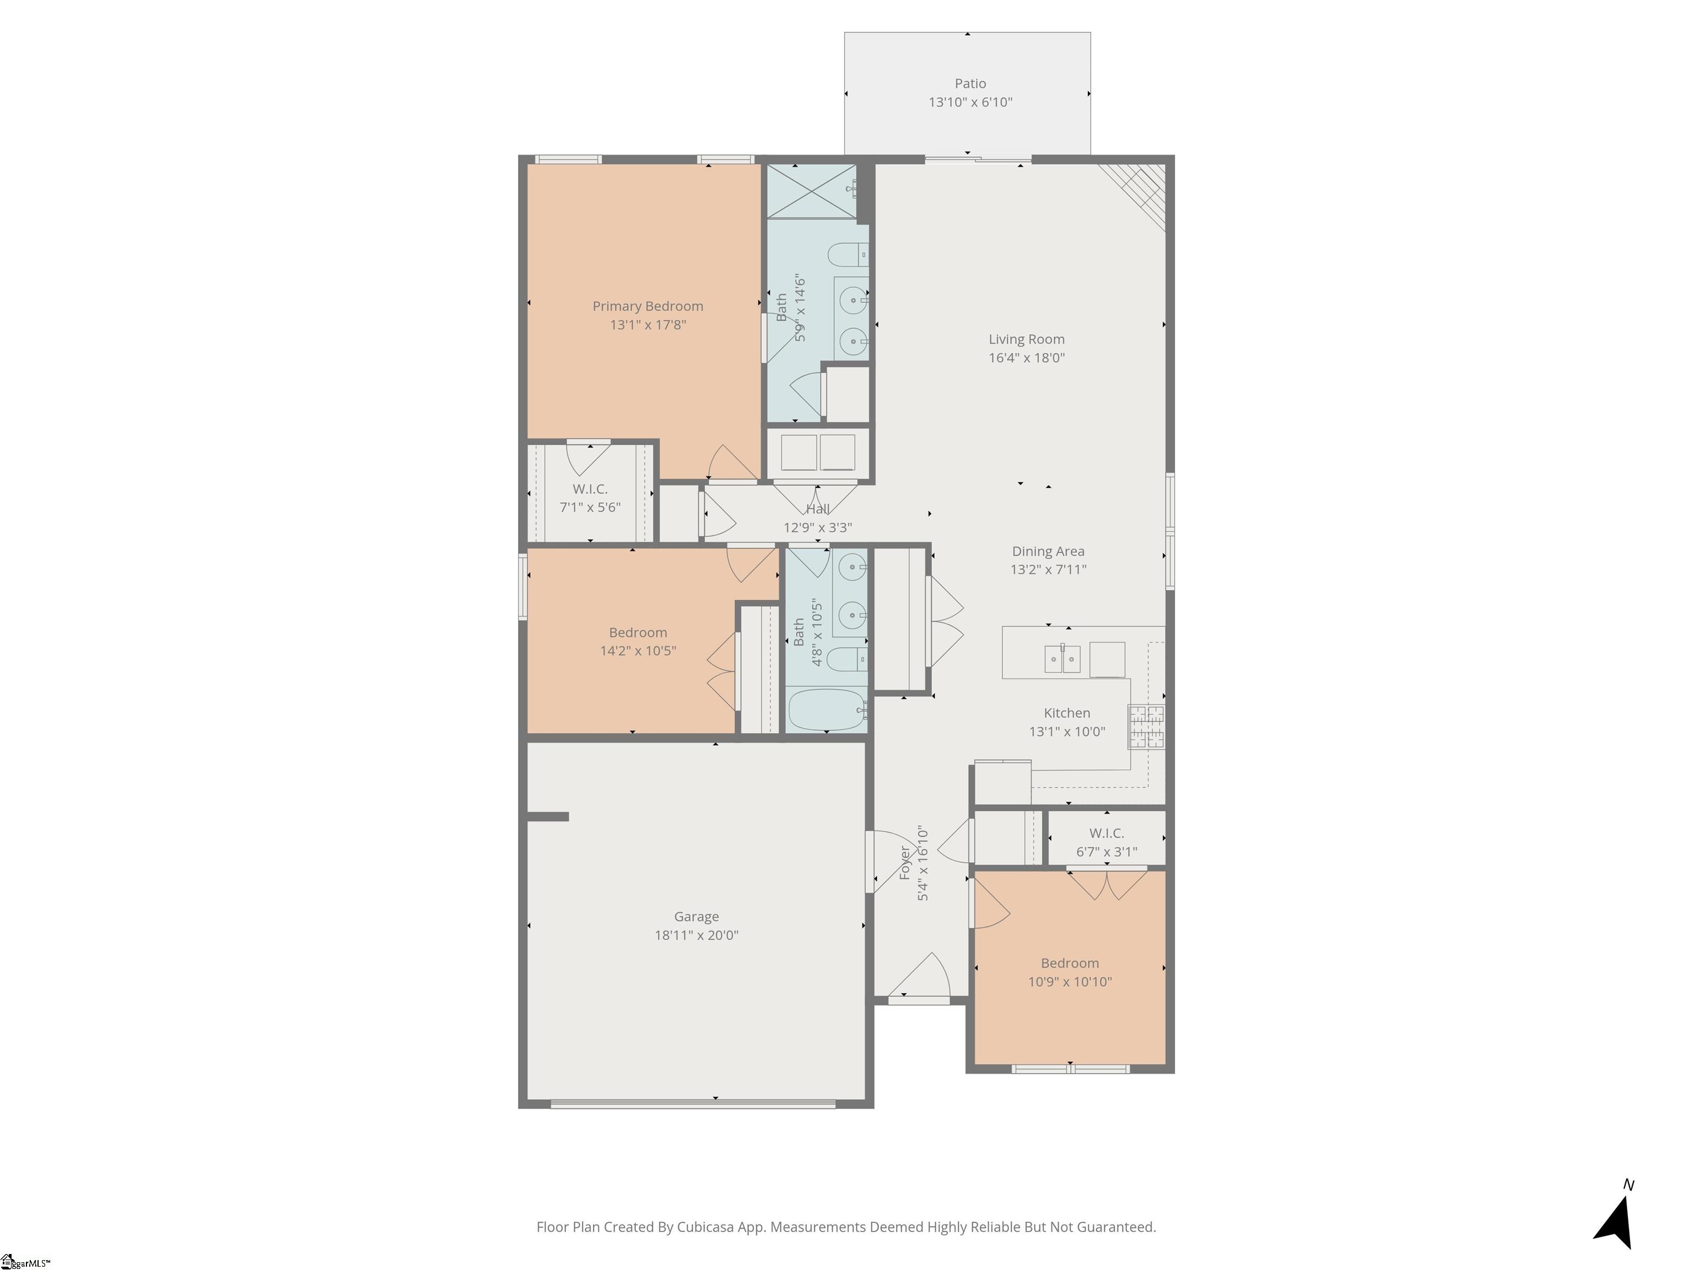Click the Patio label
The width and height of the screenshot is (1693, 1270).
970,83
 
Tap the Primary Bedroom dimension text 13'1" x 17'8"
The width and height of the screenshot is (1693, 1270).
648,325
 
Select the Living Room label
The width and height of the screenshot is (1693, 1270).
1026,339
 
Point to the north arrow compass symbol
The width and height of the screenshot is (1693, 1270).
1615,1225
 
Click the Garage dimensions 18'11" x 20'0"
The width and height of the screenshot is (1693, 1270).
695,935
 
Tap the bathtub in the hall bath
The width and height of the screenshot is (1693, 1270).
827,711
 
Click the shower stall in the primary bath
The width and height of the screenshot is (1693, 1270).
811,191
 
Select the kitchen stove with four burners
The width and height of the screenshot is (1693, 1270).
1146,727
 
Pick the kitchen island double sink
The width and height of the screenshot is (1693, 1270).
1063,658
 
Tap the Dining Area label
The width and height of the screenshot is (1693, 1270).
1048,551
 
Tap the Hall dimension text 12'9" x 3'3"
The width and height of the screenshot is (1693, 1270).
817,528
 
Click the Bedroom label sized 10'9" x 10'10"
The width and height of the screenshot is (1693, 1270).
1069,963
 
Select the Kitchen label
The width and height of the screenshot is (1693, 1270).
1067,713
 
